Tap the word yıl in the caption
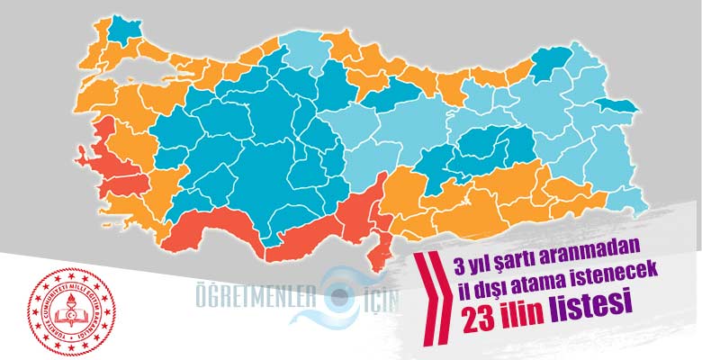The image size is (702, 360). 478,264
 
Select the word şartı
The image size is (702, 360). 517,264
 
